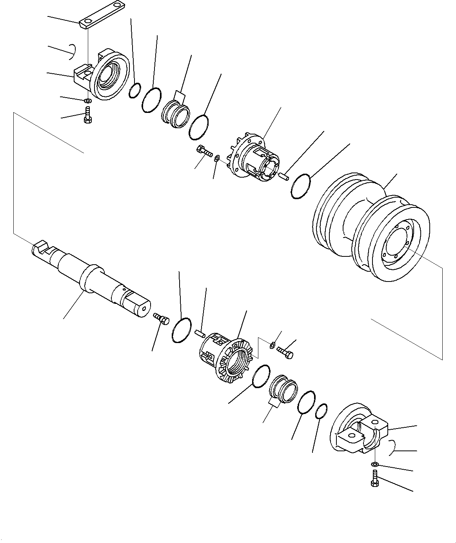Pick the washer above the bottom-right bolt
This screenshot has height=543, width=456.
(374, 465)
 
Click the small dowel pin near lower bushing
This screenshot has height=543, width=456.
(200, 333)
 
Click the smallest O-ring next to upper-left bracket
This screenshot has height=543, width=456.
(134, 90)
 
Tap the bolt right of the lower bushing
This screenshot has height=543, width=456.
(285, 351)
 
